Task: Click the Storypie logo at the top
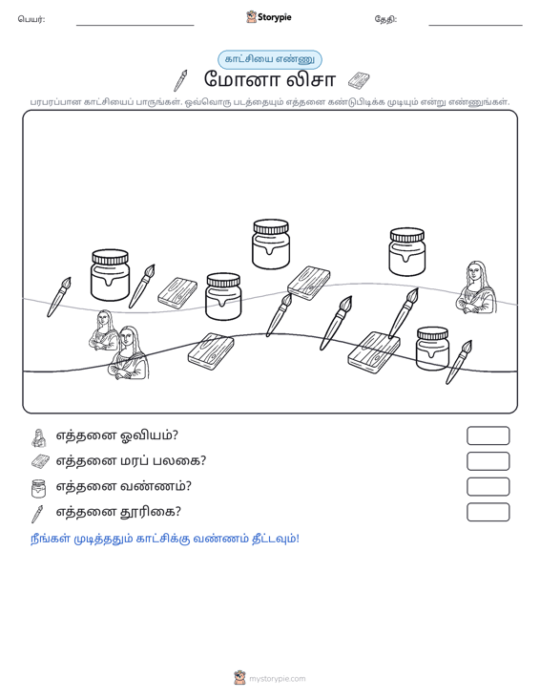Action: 268,17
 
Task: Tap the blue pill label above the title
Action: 269,59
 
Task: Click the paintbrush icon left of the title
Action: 180,80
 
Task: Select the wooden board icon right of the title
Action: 359,80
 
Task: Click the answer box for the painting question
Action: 488,435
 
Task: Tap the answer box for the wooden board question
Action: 488,460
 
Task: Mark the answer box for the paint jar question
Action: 488,486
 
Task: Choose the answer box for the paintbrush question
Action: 488,512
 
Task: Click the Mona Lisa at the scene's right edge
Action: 476,287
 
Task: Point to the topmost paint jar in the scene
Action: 271,244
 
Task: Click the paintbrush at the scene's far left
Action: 59,297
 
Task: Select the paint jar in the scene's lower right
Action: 432,349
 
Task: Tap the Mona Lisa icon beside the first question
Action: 39,437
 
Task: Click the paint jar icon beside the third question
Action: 39,488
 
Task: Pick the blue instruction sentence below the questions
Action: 165,539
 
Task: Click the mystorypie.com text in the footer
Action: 278,679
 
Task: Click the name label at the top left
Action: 31,19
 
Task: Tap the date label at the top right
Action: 385,19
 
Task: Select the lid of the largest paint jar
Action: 110,257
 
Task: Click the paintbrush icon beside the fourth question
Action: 37,514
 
